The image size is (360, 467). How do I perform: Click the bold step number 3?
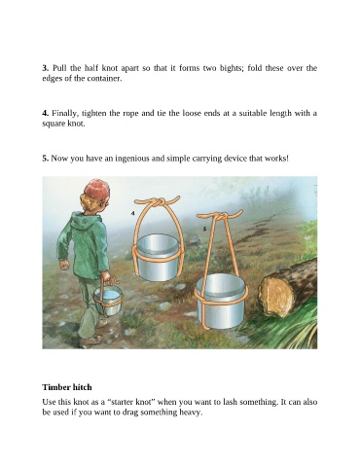(x=45, y=68)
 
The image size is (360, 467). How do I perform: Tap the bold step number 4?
(x=45, y=113)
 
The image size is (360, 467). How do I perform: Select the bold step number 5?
(x=45, y=159)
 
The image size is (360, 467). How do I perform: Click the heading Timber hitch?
(x=67, y=387)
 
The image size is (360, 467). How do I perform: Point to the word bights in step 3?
(x=232, y=68)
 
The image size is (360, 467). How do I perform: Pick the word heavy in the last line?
(x=192, y=413)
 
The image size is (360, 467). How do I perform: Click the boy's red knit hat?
(x=96, y=189)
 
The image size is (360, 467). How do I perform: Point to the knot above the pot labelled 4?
(x=156, y=203)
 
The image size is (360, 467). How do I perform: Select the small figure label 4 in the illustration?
(x=133, y=213)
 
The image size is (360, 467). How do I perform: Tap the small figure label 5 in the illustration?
(x=204, y=229)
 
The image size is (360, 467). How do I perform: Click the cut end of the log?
(x=276, y=296)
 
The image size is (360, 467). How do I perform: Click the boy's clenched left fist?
(x=64, y=265)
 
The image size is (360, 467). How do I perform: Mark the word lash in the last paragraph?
(x=241, y=402)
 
